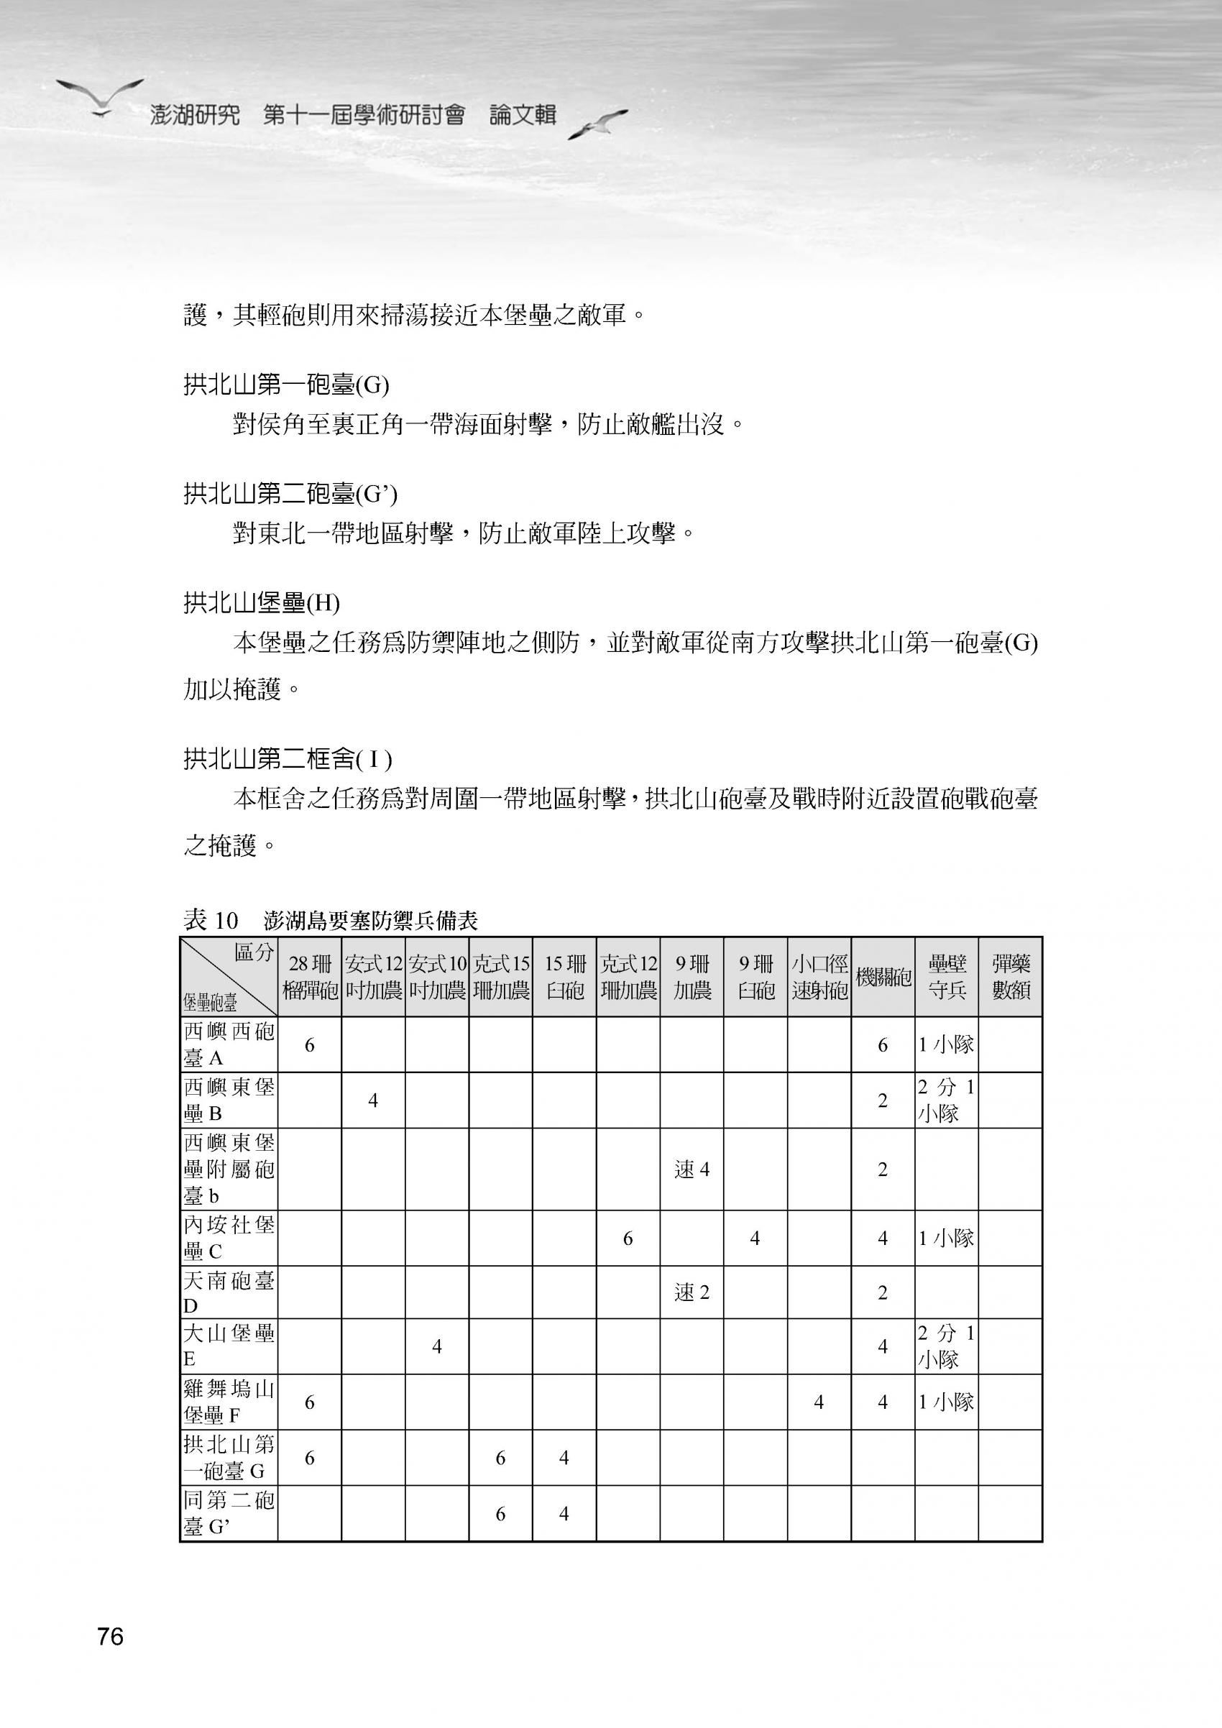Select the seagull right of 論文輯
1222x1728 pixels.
tap(597, 124)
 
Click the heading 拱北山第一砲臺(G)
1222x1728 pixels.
tap(287, 385)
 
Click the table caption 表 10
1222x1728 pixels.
tap(211, 919)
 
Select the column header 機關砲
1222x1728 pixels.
tap(883, 978)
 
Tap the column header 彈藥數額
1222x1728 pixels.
tap(1011, 978)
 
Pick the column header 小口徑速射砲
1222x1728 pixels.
tap(819, 978)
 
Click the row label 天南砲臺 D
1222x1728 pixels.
tap(229, 1292)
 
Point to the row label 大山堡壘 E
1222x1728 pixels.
tap(229, 1346)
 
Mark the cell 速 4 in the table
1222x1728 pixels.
tap(692, 1169)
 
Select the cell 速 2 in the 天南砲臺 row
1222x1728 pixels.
tap(692, 1292)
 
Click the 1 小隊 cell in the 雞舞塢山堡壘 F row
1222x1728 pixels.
tap(946, 1402)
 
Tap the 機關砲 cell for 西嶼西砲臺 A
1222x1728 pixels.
tap(883, 1044)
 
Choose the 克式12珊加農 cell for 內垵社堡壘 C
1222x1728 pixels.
tap(628, 1238)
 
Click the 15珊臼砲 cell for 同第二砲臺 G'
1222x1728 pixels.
tap(564, 1513)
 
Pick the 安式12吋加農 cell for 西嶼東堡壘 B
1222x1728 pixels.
tap(372, 1100)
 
